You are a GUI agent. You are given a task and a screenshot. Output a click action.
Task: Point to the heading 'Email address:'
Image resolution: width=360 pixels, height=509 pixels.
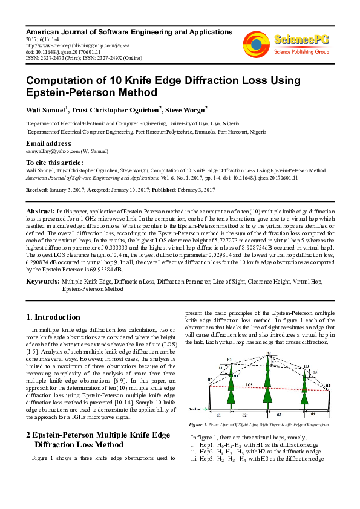(x=48, y=143)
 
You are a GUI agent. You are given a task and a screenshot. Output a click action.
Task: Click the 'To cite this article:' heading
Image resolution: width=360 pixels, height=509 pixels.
(x=54, y=163)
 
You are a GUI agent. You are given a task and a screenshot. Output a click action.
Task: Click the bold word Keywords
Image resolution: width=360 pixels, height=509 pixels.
(x=42, y=282)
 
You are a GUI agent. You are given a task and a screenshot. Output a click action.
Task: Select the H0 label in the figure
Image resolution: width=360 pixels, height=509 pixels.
(x=210, y=380)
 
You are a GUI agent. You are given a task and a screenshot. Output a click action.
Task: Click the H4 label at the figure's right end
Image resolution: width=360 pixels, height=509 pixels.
(x=328, y=384)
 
